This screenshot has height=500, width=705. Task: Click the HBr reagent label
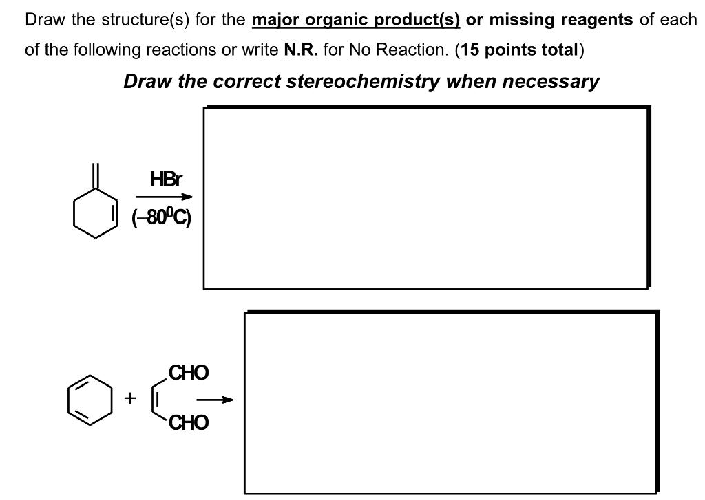pos(166,180)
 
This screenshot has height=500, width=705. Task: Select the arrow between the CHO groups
pos(214,399)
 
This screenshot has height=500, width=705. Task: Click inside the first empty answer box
pos(425,198)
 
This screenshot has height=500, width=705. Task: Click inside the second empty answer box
pos(451,402)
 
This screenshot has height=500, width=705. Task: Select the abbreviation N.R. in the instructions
pos(299,50)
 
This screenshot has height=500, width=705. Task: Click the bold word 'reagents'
pos(597,19)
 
